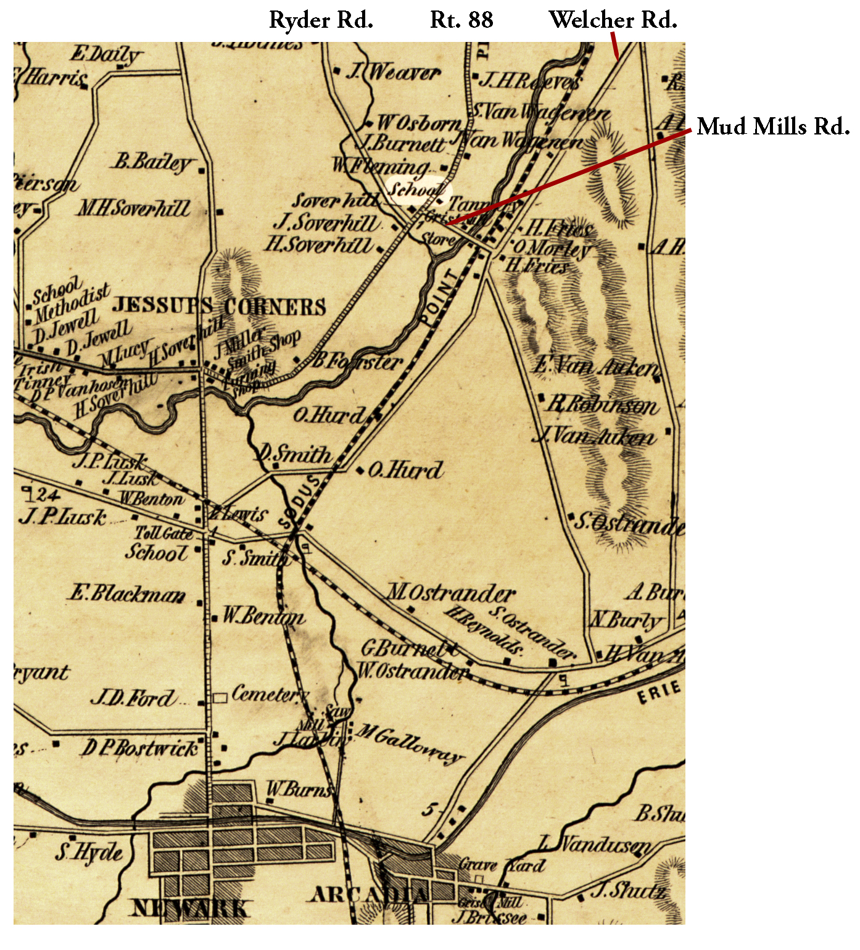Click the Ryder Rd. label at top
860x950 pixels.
[321, 20]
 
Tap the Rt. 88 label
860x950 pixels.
[461, 20]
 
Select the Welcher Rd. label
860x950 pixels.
[613, 20]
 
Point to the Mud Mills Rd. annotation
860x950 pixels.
[773, 126]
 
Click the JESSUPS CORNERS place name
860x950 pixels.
[219, 307]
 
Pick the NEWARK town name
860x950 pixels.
[191, 908]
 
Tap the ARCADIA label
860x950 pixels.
[369, 894]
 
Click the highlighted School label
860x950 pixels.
[417, 190]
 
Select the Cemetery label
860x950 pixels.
[269, 695]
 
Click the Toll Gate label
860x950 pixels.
[164, 533]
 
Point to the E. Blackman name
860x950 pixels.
[127, 594]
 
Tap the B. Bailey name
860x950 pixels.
[152, 162]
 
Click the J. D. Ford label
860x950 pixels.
[133, 698]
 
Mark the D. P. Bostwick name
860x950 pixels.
[140, 748]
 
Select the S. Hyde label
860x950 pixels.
[89, 853]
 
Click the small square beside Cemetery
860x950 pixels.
[220, 698]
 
